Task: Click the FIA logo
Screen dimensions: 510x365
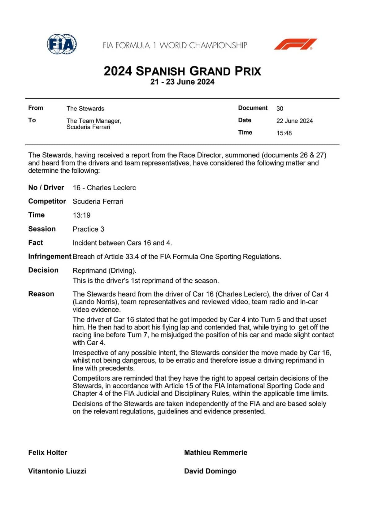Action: pyautogui.click(x=62, y=44)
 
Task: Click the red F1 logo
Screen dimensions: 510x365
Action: pyautogui.click(x=295, y=44)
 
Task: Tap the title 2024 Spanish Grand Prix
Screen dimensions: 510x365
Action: pyautogui.click(x=182, y=71)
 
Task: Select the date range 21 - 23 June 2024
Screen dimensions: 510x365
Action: pyautogui.click(x=182, y=82)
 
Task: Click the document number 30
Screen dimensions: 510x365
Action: pyautogui.click(x=280, y=109)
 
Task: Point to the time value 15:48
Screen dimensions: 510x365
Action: pyautogui.click(x=284, y=133)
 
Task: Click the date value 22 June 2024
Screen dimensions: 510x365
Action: pyautogui.click(x=294, y=121)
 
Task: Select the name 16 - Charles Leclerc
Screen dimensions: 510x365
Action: pyautogui.click(x=104, y=188)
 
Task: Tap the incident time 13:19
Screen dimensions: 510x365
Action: pyautogui.click(x=81, y=215)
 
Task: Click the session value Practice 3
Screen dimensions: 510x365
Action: pyautogui.click(x=88, y=229)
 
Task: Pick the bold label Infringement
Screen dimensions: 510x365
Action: pyautogui.click(x=50, y=257)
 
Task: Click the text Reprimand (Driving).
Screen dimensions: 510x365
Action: pyautogui.click(x=104, y=270)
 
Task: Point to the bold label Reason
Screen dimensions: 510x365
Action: pyautogui.click(x=41, y=294)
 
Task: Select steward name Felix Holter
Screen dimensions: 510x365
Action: pyautogui.click(x=48, y=452)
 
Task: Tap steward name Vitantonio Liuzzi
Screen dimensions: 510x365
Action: pyautogui.click(x=57, y=471)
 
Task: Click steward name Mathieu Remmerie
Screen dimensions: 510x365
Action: pyautogui.click(x=215, y=452)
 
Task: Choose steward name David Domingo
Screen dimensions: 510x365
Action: pyautogui.click(x=210, y=471)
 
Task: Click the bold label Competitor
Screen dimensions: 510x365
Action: pyautogui.click(x=47, y=201)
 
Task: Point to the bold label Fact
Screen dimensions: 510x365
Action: pyautogui.click(x=36, y=243)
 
